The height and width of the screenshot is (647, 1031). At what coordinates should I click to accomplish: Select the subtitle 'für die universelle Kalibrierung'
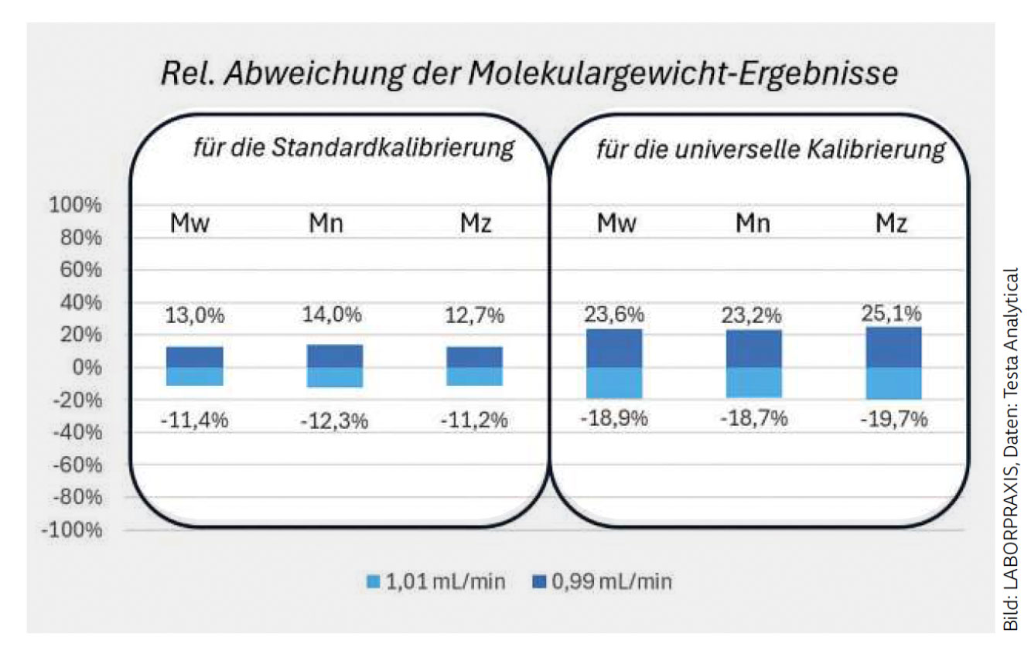point(770,150)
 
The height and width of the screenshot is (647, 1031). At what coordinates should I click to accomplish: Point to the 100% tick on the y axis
point(76,206)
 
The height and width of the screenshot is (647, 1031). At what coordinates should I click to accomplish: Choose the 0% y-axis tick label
point(87,368)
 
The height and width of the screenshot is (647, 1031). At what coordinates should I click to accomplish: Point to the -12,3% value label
point(335,421)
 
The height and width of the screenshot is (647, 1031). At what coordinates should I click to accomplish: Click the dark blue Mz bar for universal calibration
point(893,347)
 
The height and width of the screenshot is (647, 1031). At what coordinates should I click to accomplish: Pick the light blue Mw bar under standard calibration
point(195,376)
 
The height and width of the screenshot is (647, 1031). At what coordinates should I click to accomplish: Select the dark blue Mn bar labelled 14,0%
point(334,356)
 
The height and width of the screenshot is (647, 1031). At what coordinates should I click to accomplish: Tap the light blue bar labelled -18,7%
point(753,383)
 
